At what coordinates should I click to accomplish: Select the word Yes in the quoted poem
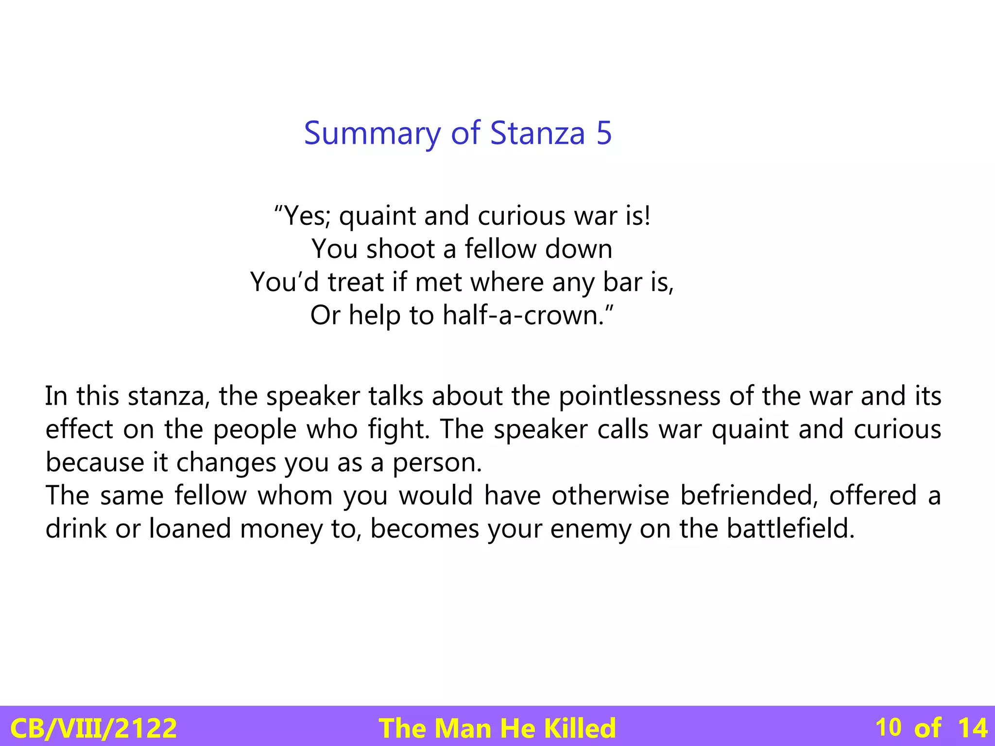304,216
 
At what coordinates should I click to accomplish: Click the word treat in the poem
356,282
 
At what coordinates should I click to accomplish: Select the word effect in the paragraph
79,429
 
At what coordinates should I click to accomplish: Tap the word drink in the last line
76,528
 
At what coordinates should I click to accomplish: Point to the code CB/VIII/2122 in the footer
93,728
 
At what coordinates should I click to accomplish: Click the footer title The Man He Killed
497,728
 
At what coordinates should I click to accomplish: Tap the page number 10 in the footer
888,728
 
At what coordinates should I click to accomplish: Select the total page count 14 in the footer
973,728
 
